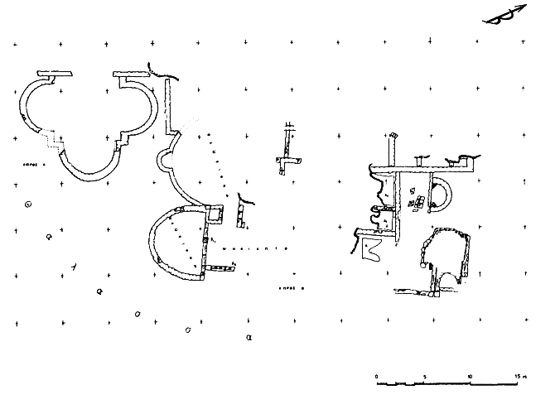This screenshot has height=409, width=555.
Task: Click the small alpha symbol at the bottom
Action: click(249, 338)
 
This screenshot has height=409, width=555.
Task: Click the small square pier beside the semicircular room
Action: click(216, 215)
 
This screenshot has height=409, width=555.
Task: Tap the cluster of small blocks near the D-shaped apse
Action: click(418, 201)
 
